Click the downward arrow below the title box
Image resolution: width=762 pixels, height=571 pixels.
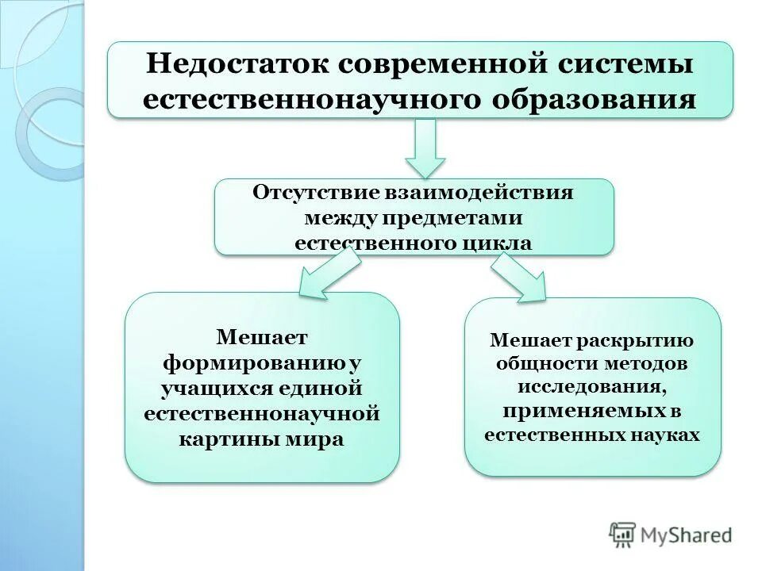[x=425, y=148]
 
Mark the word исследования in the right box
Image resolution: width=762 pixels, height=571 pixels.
[x=592, y=387]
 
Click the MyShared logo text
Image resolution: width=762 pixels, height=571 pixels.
[x=687, y=535]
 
